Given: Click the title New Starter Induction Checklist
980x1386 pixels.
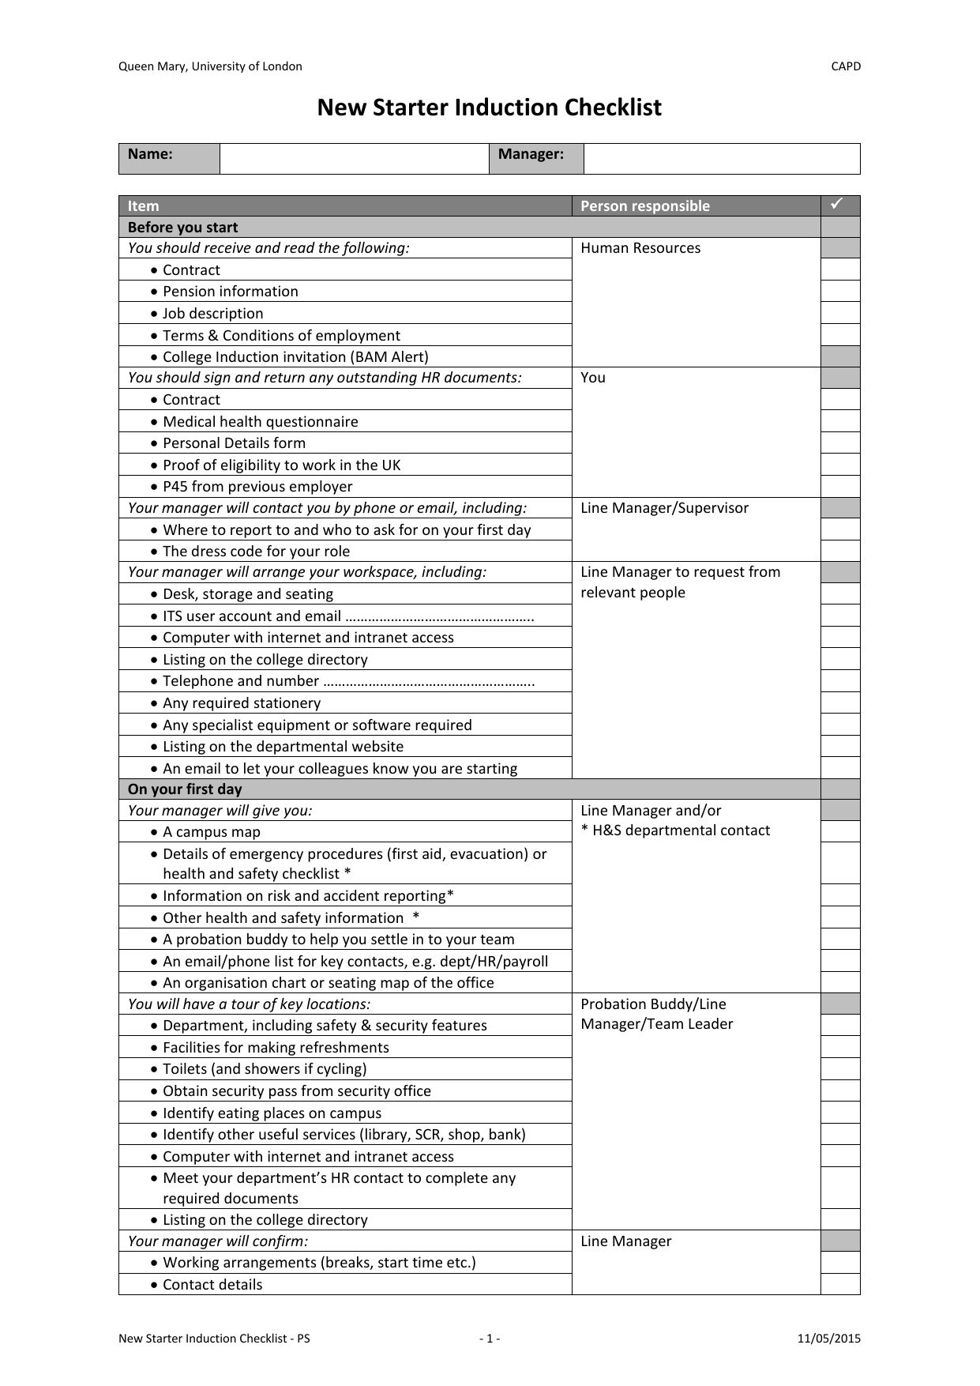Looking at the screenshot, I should pos(489,107).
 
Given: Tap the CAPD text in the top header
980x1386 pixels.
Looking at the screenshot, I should pos(846,66).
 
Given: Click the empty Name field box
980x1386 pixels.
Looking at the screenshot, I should pos(354,158).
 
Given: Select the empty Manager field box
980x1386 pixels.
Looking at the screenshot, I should pos(721,158).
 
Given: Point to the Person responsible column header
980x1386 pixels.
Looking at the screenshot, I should pos(644,206).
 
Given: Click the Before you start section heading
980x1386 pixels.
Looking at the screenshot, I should pos(182,228).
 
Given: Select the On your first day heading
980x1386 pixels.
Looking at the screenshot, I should pos(185,789).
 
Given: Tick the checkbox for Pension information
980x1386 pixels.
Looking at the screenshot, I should pos(839,292).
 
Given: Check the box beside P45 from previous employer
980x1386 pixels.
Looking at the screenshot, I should pos(839,487).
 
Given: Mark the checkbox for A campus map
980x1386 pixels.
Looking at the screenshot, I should pos(839,832).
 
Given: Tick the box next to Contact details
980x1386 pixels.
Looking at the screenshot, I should pos(839,1285).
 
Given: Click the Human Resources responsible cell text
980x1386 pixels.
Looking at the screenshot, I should pos(640,248).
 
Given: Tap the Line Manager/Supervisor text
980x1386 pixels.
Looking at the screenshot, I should pos(664,508).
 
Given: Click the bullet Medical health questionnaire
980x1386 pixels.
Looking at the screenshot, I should pos(260,422).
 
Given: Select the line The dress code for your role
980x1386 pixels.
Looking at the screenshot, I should pos(256,552).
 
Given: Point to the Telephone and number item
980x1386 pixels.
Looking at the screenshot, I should pos(241,681).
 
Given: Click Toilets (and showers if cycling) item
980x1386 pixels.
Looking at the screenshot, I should pos(265,1069).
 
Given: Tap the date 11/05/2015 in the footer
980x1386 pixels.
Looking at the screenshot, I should pos(828,1339).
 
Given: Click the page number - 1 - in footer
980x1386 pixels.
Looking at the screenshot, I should pos(490,1339).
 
